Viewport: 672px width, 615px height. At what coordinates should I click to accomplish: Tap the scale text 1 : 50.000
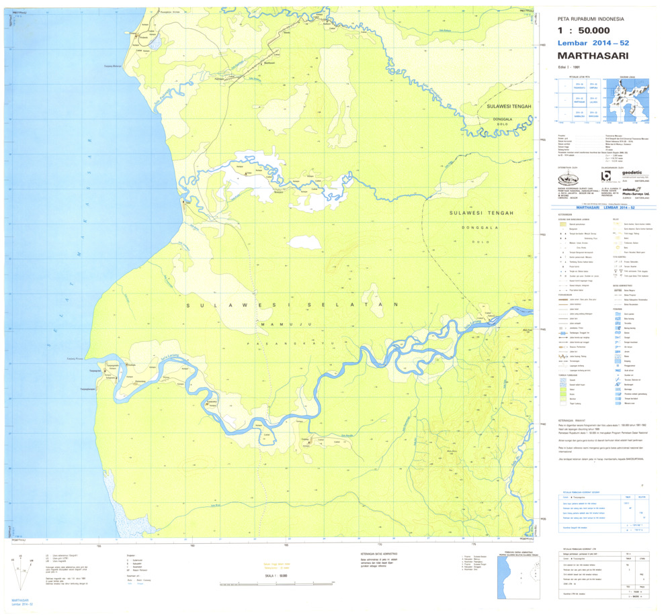[584, 30]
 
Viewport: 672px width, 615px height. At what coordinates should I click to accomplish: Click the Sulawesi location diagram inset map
[628, 101]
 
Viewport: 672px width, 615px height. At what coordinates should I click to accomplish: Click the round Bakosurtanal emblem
[568, 179]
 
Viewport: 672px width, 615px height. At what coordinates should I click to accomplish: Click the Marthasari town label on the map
[269, 62]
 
